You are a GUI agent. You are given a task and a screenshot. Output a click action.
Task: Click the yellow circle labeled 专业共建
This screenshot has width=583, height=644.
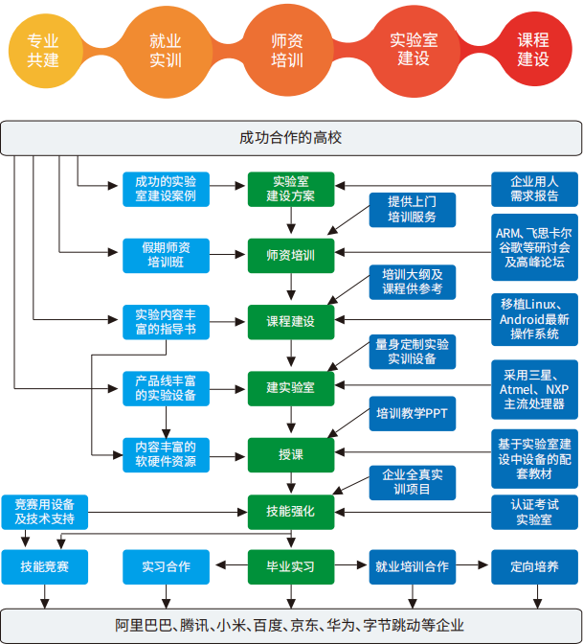point(43,50)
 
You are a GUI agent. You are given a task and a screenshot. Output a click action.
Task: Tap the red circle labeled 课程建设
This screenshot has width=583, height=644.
point(533,50)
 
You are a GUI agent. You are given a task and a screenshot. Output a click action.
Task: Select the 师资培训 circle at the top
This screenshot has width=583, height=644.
point(288,50)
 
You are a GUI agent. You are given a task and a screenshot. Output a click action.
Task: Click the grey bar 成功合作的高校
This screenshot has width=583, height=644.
point(290,137)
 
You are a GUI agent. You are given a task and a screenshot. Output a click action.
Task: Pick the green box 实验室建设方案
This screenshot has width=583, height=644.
point(290,189)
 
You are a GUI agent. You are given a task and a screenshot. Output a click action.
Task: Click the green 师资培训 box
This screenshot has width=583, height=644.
point(290,256)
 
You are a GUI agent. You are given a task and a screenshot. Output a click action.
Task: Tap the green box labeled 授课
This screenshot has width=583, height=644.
point(290,453)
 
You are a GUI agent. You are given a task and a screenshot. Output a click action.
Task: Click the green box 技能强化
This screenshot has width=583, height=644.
point(290,512)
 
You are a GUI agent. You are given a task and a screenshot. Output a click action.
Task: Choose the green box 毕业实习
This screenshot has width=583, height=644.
point(290,566)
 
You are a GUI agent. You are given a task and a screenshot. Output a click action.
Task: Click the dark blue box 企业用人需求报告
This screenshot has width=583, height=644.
point(533,189)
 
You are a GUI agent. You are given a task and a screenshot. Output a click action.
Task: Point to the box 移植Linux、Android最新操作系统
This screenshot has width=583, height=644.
point(533,320)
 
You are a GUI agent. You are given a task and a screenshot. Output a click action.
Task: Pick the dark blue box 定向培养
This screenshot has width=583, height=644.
point(533,566)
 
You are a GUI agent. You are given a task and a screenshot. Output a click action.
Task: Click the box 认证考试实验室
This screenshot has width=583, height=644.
point(533,512)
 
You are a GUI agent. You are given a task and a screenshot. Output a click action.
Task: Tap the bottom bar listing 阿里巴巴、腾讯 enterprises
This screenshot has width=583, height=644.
point(290,625)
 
